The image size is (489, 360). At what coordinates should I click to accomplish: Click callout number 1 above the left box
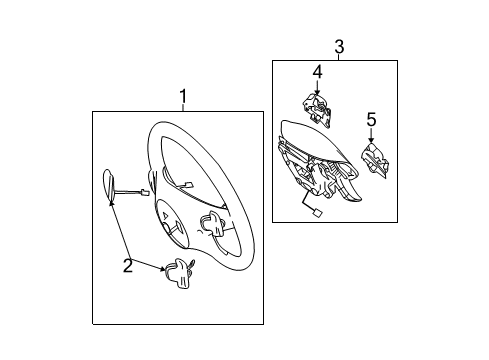pyautogui.click(x=183, y=96)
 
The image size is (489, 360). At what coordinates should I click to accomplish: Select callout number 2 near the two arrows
pyautogui.click(x=128, y=266)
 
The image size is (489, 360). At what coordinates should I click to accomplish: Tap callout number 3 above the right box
pyautogui.click(x=339, y=47)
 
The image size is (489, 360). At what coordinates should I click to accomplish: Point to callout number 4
pyautogui.click(x=317, y=72)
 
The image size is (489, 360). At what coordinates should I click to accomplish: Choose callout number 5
pyautogui.click(x=371, y=119)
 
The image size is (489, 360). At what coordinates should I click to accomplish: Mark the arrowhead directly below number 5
pyautogui.click(x=371, y=140)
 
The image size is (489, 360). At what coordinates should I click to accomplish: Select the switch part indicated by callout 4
pyautogui.click(x=317, y=110)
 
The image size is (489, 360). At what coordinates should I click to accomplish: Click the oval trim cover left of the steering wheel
pyautogui.click(x=109, y=186)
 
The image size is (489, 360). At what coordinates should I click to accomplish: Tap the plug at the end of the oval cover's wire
pyautogui.click(x=145, y=192)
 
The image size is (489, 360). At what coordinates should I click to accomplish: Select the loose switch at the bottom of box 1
pyautogui.click(x=178, y=273)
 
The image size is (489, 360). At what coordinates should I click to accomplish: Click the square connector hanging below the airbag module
pyautogui.click(x=317, y=212)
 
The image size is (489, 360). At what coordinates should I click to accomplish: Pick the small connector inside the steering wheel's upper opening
pyautogui.click(x=189, y=185)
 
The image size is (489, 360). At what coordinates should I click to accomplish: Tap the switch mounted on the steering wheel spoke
pyautogui.click(x=213, y=224)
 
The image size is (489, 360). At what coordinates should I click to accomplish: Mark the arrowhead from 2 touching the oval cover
pyautogui.click(x=111, y=203)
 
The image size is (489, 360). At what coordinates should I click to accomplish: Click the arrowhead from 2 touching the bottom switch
pyautogui.click(x=162, y=268)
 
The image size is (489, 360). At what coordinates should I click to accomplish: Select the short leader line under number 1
pyautogui.click(x=183, y=107)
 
